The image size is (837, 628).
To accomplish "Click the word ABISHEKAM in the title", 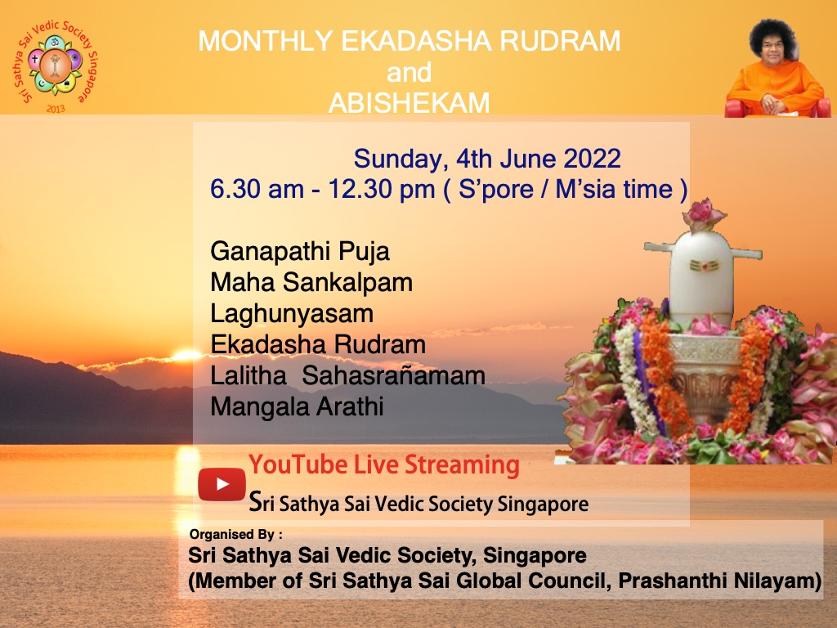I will pos(409,103).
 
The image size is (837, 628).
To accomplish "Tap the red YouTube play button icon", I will pos(222,484).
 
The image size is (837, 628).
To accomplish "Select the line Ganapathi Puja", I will pos(299,250).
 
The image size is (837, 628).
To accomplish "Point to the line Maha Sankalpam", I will pos(311,282).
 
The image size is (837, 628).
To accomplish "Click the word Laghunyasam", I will pos(291,313).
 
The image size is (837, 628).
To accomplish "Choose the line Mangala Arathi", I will pos(297,406).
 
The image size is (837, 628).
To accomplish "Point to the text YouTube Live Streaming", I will pos(384,465).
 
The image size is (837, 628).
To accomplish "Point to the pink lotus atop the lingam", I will pos(703,214).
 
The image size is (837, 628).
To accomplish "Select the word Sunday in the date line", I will pos(392,158).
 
